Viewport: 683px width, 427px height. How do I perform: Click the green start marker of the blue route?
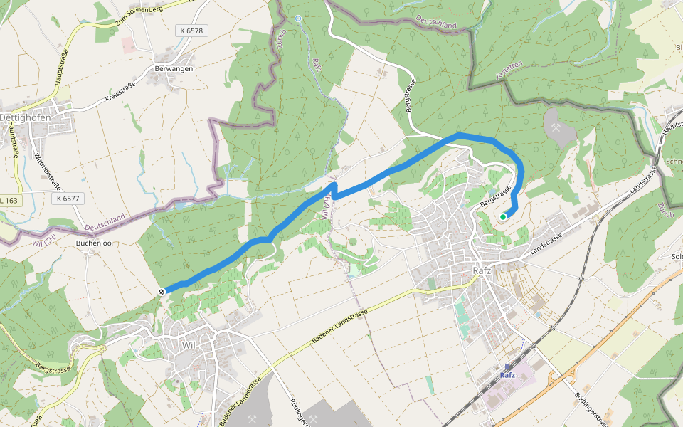point(503,217)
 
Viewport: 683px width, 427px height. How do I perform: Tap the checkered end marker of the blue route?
point(163,290)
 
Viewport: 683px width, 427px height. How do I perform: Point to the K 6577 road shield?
point(65,199)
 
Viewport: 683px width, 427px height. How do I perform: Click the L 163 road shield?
point(9,201)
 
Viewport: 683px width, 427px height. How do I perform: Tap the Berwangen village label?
point(174,68)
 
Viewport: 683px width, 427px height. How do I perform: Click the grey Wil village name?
point(189,344)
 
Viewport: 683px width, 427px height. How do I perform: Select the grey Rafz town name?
point(483,271)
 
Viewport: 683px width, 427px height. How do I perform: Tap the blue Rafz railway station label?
point(507,375)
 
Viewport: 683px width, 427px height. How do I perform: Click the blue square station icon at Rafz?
point(507,367)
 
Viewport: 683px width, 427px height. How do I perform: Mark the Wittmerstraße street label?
point(47,172)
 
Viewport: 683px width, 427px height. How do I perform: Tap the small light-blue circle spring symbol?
point(298,18)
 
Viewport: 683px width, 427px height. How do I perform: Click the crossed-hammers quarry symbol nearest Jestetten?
point(556,125)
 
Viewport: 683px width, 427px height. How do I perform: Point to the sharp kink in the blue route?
point(333,186)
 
